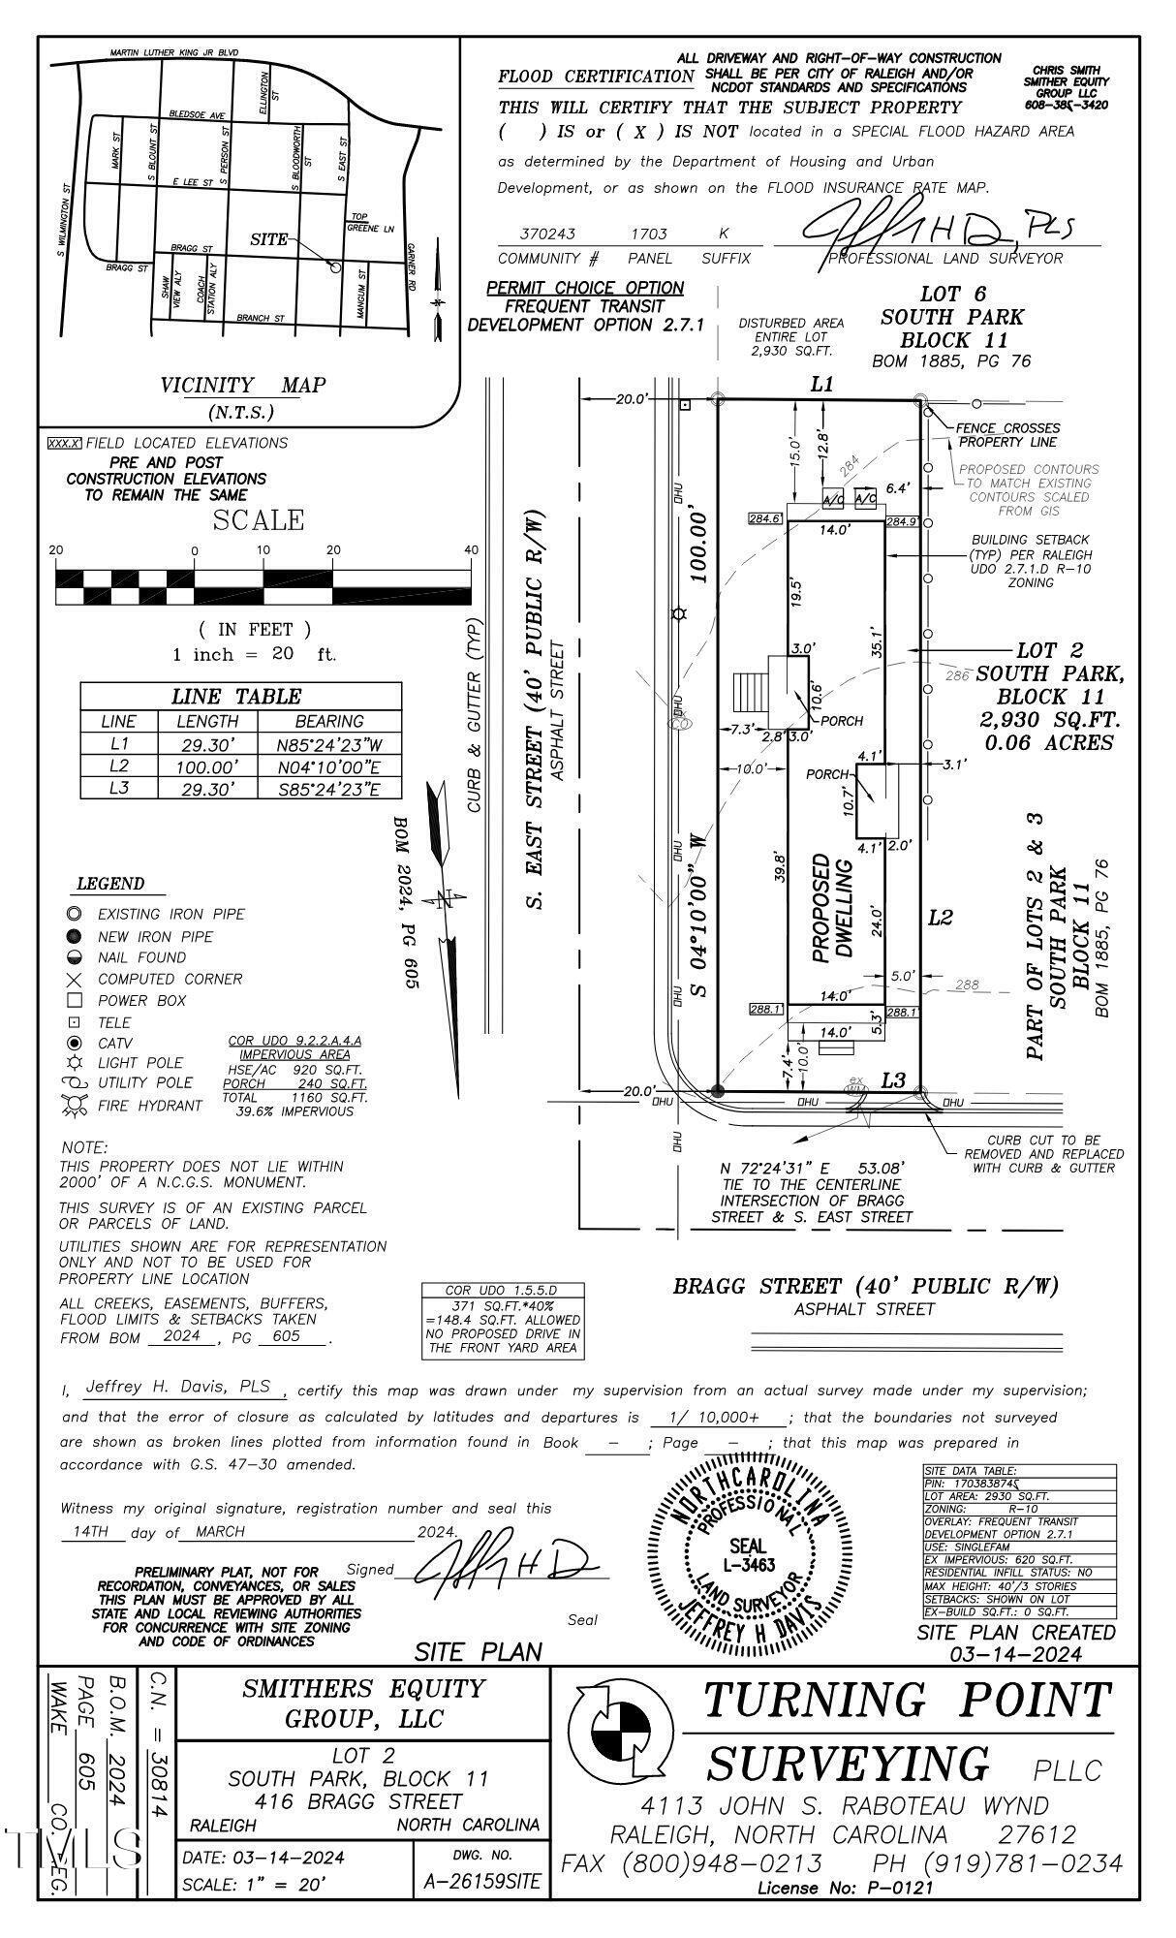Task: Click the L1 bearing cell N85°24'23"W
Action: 329,744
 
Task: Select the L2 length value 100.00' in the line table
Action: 207,766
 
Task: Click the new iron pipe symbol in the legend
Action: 74,936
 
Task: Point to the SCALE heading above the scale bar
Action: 258,520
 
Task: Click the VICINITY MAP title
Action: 242,386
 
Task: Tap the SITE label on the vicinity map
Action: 268,239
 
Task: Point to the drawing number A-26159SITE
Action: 481,1882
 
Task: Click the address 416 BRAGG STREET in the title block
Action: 359,1801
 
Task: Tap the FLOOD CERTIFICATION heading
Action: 596,77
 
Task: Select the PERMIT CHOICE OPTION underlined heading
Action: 585,288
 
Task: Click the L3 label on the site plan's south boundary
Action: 892,1079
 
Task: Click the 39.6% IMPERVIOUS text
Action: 295,1111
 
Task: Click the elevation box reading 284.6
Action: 764,519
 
